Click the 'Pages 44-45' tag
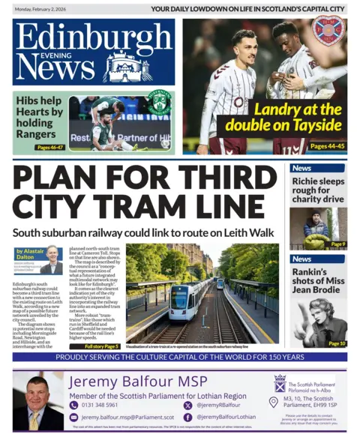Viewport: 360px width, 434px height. [328, 146]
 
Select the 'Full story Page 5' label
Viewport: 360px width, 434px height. [102, 346]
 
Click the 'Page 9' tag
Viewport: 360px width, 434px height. [337, 244]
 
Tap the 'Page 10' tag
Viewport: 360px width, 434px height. [336, 343]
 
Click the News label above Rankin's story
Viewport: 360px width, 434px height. [303, 259]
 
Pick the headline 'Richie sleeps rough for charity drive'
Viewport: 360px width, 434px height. [318, 190]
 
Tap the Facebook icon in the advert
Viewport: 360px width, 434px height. [187, 417]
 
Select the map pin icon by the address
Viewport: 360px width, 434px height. [273, 402]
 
